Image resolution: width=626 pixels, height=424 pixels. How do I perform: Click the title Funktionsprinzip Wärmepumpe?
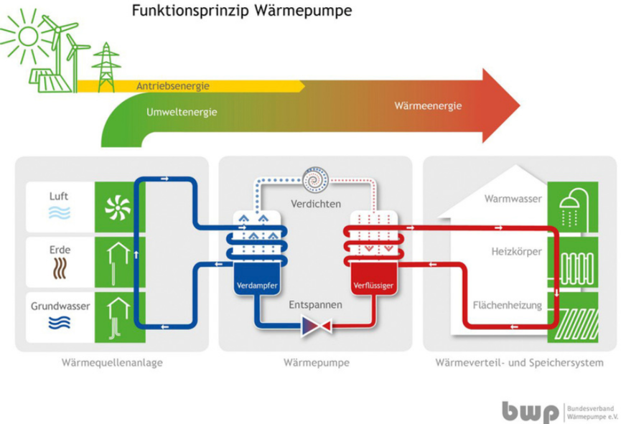click(x=240, y=12)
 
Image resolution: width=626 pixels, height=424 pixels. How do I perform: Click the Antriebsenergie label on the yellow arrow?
click(x=172, y=87)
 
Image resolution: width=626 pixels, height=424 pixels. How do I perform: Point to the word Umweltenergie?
click(x=182, y=113)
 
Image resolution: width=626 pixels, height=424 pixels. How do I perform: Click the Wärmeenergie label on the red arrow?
click(x=427, y=105)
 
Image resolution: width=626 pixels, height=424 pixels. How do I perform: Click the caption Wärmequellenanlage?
click(x=112, y=363)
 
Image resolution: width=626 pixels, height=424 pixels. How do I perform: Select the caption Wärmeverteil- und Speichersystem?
click(x=519, y=363)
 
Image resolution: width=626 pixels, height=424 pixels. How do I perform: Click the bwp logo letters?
click(x=531, y=410)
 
